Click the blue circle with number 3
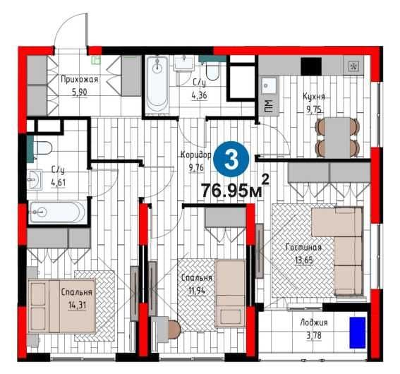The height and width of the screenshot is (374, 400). point(231,159)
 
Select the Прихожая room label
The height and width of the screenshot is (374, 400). point(79,79)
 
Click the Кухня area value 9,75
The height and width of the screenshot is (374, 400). point(313,109)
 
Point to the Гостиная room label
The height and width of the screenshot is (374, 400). point(303,248)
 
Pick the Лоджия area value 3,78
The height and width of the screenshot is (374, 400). point(314,335)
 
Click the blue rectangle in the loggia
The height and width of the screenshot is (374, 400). point(358,332)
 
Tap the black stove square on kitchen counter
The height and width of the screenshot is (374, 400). point(311,66)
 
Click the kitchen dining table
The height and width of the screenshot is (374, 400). point(337,138)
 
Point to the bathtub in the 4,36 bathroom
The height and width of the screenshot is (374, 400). point(157,85)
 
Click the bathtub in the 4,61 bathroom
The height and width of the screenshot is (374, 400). point(57,212)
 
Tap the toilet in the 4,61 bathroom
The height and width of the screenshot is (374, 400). point(42,148)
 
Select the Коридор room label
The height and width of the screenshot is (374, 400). point(195,155)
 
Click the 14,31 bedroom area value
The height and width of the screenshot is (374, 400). point(77,305)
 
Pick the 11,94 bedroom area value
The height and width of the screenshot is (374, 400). point(197,290)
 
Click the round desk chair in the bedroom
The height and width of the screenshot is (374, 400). point(174,330)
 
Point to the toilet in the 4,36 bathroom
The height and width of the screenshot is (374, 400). point(212,71)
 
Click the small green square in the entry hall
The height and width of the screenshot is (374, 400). point(97,60)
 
